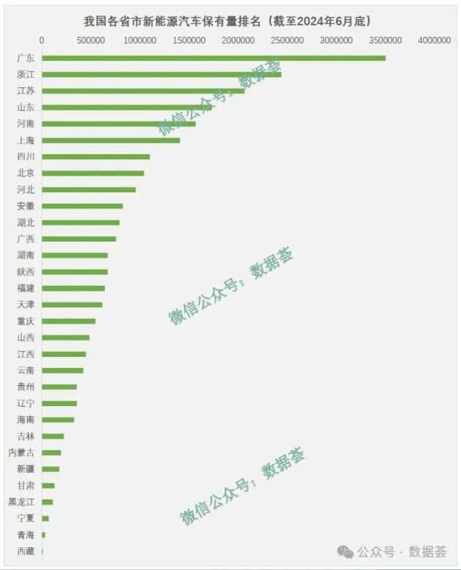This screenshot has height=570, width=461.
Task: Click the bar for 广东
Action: coord(213,58)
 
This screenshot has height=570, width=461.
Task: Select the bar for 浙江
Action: coord(161,74)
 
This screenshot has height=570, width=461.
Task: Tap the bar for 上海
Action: coord(110,140)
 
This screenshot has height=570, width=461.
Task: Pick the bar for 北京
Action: coord(92,173)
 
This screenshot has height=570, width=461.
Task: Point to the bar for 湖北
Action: coord(81,222)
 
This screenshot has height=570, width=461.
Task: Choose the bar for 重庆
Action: coord(68,321)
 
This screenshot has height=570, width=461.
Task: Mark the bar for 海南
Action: coord(58,420)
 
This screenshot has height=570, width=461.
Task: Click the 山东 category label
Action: coord(26,108)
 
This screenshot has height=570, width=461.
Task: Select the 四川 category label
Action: coord(26,157)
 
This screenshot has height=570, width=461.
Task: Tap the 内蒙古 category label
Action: coord(21,453)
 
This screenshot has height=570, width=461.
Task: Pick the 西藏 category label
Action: coord(26,551)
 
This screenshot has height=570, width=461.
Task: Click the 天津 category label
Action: coord(26,305)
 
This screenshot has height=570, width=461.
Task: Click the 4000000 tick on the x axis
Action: coord(434,41)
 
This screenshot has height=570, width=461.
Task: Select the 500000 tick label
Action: coord(91,41)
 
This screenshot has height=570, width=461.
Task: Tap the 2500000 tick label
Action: coord(287,41)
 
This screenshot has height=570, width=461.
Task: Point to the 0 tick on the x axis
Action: coord(42,41)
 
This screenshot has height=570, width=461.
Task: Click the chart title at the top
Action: coord(227,21)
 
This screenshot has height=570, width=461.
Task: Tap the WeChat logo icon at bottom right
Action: coord(344,551)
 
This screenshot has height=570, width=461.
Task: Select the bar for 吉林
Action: coord(53,436)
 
